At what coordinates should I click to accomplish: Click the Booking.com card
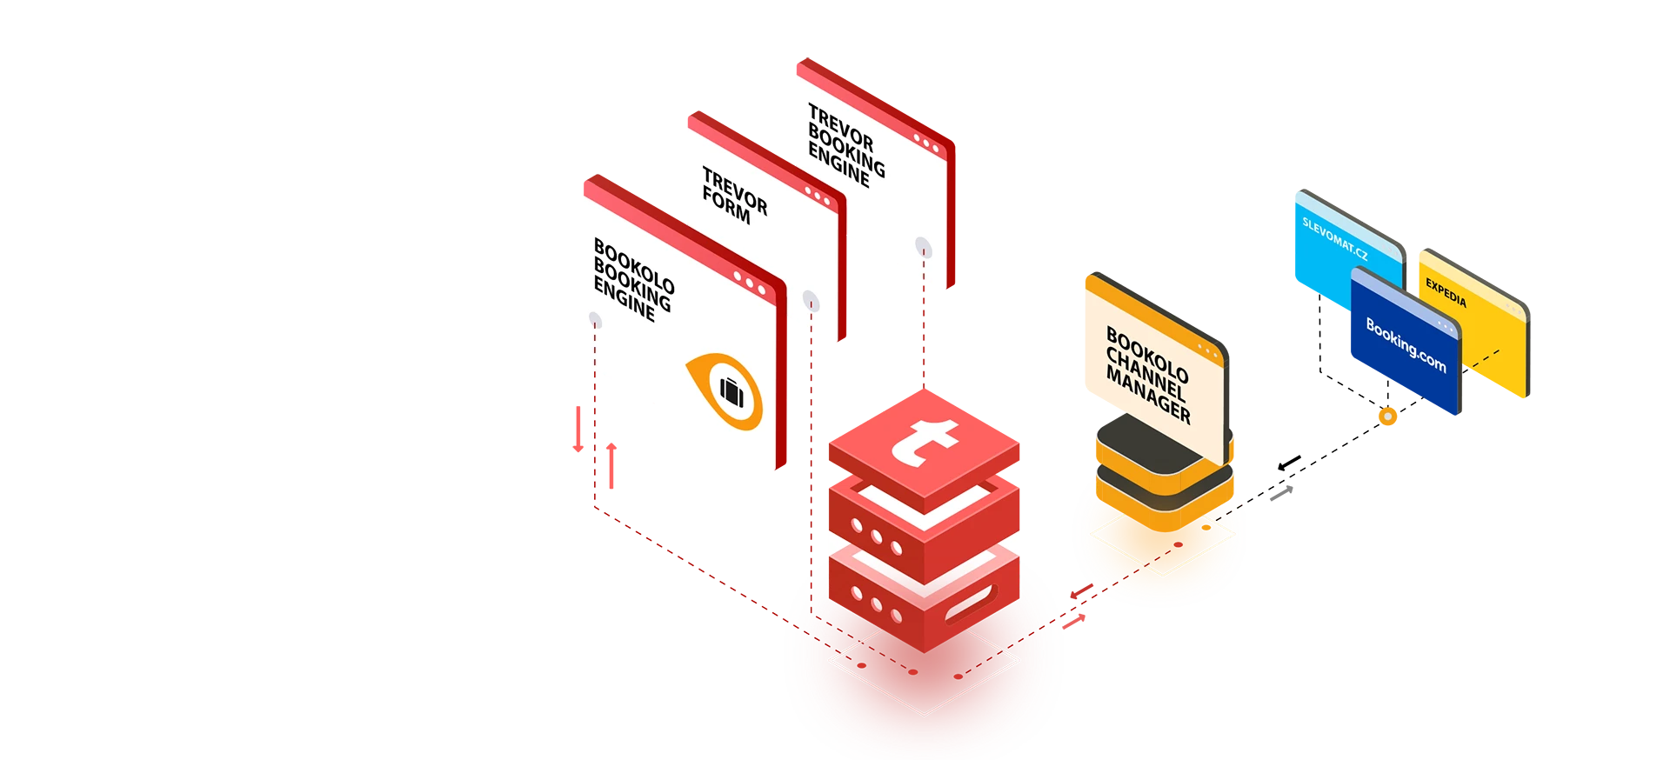[1406, 341]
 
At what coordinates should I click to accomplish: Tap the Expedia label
[1446, 293]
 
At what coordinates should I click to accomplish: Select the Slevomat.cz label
[1334, 238]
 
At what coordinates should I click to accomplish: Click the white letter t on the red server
[925, 440]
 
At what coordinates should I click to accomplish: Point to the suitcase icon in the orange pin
[731, 392]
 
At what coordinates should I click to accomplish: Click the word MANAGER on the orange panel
[1148, 395]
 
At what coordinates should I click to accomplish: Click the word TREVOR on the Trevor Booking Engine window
[840, 127]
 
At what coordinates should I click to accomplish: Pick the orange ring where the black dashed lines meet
[1388, 417]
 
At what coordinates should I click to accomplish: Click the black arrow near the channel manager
[1289, 463]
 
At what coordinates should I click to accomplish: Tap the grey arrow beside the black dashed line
[1281, 493]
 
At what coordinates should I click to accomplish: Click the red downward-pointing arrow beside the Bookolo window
[578, 429]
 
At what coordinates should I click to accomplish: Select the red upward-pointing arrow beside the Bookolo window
[611, 465]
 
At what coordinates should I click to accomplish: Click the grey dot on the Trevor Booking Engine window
[924, 248]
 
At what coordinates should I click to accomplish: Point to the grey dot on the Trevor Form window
[811, 301]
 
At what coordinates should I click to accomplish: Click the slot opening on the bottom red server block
[969, 603]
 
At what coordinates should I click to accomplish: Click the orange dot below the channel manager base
[1206, 528]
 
